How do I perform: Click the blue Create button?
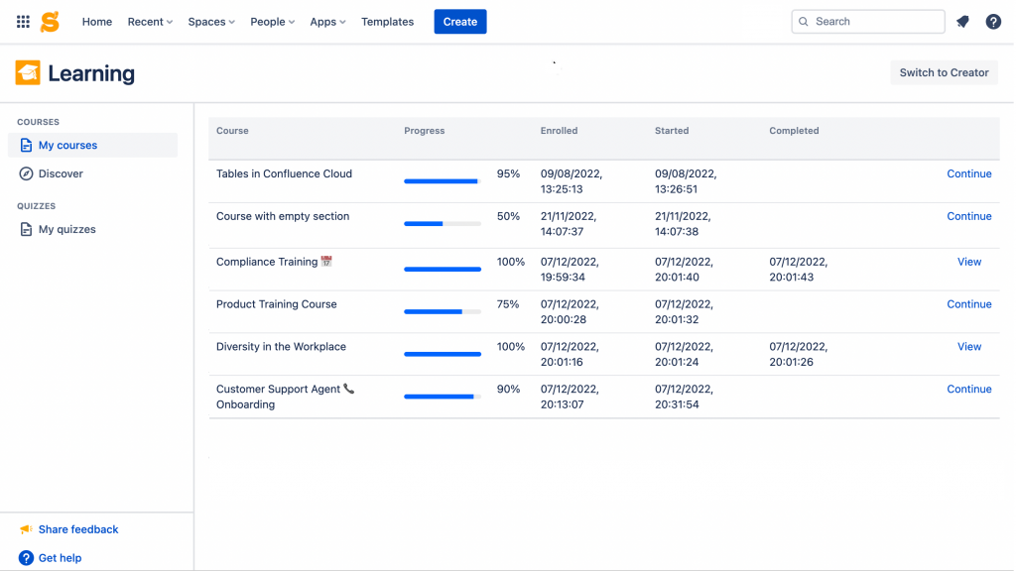459,22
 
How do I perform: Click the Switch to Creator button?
944,72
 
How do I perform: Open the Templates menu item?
387,22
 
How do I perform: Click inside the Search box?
873,22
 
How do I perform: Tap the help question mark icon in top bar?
993,22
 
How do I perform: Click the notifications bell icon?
962,22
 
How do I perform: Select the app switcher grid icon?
23,22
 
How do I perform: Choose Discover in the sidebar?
61,173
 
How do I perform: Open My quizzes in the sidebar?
66,229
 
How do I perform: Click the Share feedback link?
77,529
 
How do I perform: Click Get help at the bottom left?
60,558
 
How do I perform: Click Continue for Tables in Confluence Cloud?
968,173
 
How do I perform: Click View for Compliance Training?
968,262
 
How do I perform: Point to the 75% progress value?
508,304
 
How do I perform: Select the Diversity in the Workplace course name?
281,347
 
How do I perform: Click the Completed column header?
794,131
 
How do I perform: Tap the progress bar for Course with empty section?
442,224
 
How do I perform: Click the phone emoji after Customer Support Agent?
348,390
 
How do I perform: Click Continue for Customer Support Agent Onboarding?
968,390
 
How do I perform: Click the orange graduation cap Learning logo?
28,72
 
